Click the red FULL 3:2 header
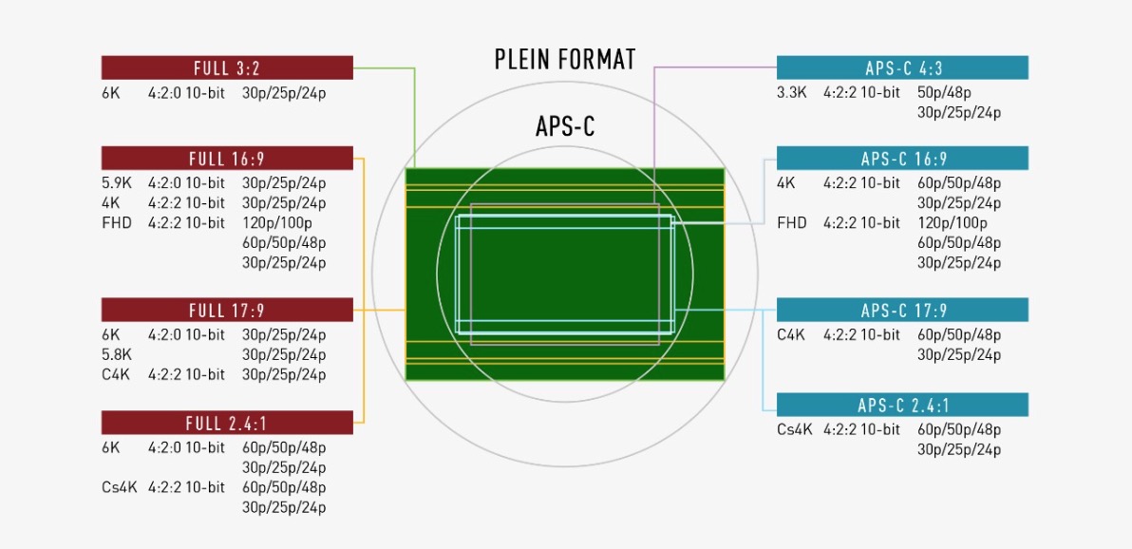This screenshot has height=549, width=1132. pos(227,67)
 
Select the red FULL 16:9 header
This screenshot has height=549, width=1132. pos(227,159)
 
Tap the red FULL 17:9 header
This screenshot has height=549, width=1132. pos(227,310)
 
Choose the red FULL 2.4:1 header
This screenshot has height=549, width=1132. pos(227,423)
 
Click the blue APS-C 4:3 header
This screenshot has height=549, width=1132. pos(902,67)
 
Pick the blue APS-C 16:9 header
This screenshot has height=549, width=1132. pos(902,159)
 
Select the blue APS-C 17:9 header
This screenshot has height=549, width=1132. pos(902,310)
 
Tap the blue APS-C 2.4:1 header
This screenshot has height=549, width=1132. pos(902,406)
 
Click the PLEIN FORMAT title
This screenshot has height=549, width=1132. pos(565,59)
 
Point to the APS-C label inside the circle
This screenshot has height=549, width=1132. pos(565,125)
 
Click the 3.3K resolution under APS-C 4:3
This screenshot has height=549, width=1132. pos(792,92)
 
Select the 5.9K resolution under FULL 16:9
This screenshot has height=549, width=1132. pos(117,182)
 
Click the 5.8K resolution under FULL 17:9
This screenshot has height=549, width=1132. pos(117,354)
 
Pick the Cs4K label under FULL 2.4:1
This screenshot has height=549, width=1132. pos(119,487)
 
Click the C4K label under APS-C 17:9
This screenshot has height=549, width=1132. pos(790,334)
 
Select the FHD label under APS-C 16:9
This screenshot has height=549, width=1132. pos(792,222)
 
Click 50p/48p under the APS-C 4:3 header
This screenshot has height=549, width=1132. pos(944,92)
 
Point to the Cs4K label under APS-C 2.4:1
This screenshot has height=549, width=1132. pos(795,430)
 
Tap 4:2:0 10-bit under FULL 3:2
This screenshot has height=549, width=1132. pos(186,92)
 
